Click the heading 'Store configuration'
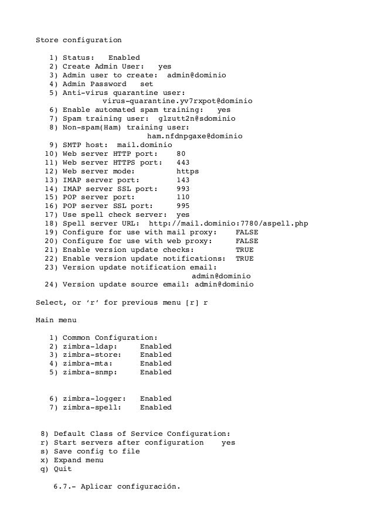[79, 40]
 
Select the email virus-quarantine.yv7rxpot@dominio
[178, 101]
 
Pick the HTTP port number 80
[181, 154]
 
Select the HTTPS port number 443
[183, 163]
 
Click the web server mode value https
[188, 172]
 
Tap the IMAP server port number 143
[183, 180]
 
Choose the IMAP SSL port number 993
[183, 189]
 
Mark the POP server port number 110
[183, 198]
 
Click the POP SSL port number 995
[183, 207]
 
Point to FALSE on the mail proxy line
[246, 233]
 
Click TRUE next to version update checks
[244, 251]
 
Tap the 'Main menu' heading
[56, 320]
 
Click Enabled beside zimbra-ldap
[156, 346]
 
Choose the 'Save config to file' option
[97, 452]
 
